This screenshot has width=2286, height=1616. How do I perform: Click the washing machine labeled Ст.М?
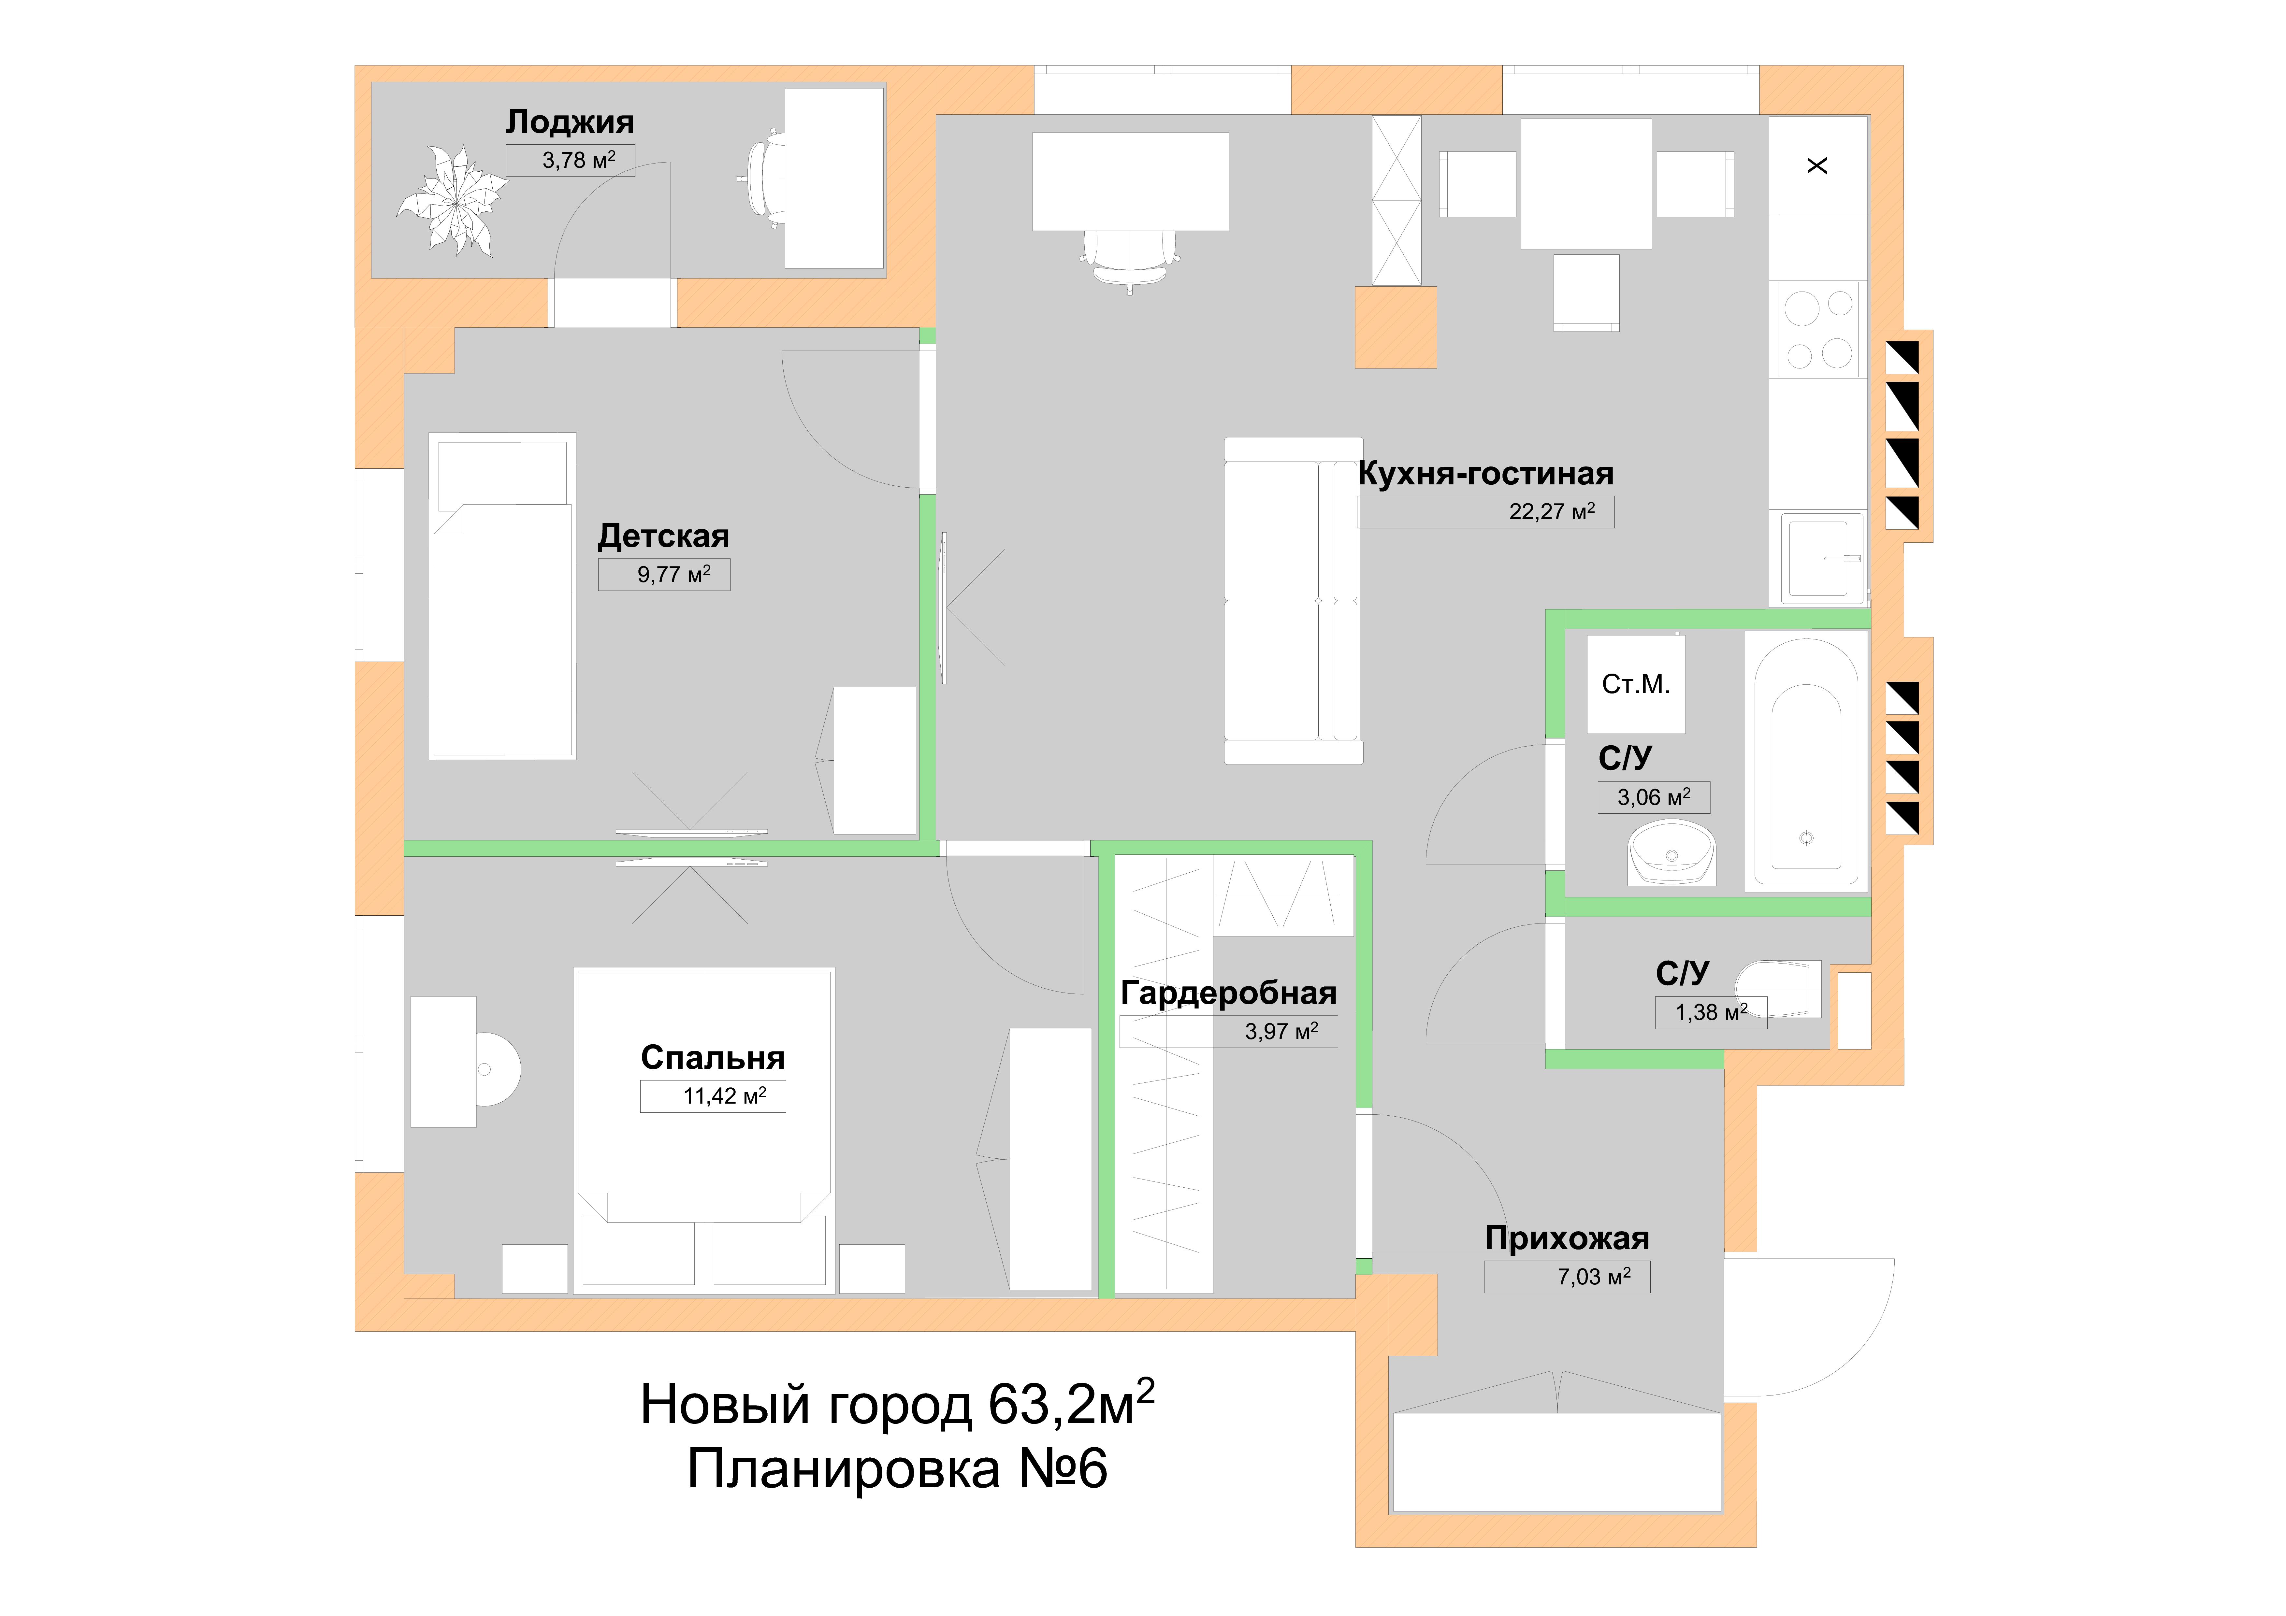[1636, 684]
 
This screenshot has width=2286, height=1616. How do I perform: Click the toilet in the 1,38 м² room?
[1778, 989]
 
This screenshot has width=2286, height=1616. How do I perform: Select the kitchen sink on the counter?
[1819, 558]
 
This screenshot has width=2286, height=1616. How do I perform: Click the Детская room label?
[663, 537]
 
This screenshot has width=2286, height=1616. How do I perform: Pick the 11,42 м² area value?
[725, 1096]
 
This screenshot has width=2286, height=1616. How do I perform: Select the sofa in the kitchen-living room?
[1292, 600]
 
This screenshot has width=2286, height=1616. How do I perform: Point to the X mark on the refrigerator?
[1817, 165]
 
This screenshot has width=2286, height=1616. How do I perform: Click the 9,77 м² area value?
[674, 575]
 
